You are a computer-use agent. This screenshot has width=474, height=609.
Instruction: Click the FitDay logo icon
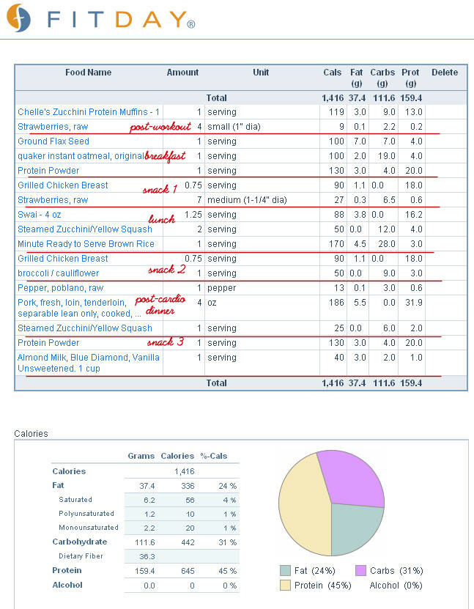point(18,18)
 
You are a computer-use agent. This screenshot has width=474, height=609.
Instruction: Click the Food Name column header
point(88,73)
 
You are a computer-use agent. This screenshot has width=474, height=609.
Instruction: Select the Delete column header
point(445,73)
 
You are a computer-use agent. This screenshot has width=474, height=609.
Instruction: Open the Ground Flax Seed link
point(53,141)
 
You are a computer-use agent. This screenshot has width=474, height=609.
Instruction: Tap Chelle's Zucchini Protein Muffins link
point(89,112)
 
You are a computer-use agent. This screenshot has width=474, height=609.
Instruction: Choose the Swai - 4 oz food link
point(40,215)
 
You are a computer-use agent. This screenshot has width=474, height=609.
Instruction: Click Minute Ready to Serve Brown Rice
point(86,244)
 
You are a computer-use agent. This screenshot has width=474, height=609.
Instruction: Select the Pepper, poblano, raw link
point(61,288)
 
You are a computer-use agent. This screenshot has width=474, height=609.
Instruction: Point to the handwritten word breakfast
point(165,156)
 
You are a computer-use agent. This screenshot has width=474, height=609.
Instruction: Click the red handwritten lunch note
point(161,218)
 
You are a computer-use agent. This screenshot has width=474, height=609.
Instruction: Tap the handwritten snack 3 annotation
point(166,342)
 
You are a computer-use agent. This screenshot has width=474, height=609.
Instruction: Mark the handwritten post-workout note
point(160,127)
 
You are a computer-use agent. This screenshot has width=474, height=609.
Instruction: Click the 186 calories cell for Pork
point(336,303)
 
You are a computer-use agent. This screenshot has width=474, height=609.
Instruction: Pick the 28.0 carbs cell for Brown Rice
point(386,244)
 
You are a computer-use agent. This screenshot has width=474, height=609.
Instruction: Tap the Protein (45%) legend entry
point(316,586)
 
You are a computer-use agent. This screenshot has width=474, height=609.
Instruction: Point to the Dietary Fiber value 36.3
point(147,556)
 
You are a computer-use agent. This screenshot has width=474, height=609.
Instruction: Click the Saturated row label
point(75,500)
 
